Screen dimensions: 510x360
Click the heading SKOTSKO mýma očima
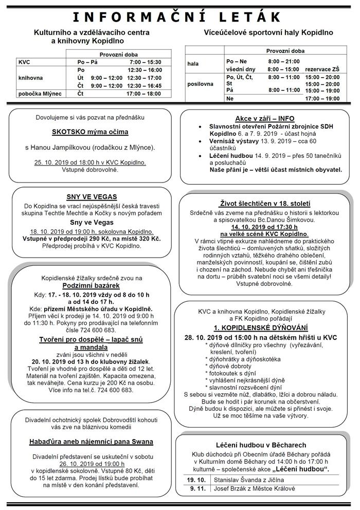pos(90,132)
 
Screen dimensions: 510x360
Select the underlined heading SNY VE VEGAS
pos(91,196)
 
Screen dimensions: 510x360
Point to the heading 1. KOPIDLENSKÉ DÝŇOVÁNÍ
pos(261,327)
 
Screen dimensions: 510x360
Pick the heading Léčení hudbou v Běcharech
pos(262,445)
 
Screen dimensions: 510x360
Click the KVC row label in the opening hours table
pos(24,62)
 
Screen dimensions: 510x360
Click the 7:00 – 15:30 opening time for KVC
pos(146,62)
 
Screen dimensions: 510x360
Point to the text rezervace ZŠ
pos(322,68)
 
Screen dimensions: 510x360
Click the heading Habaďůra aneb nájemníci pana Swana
pos(91,442)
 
